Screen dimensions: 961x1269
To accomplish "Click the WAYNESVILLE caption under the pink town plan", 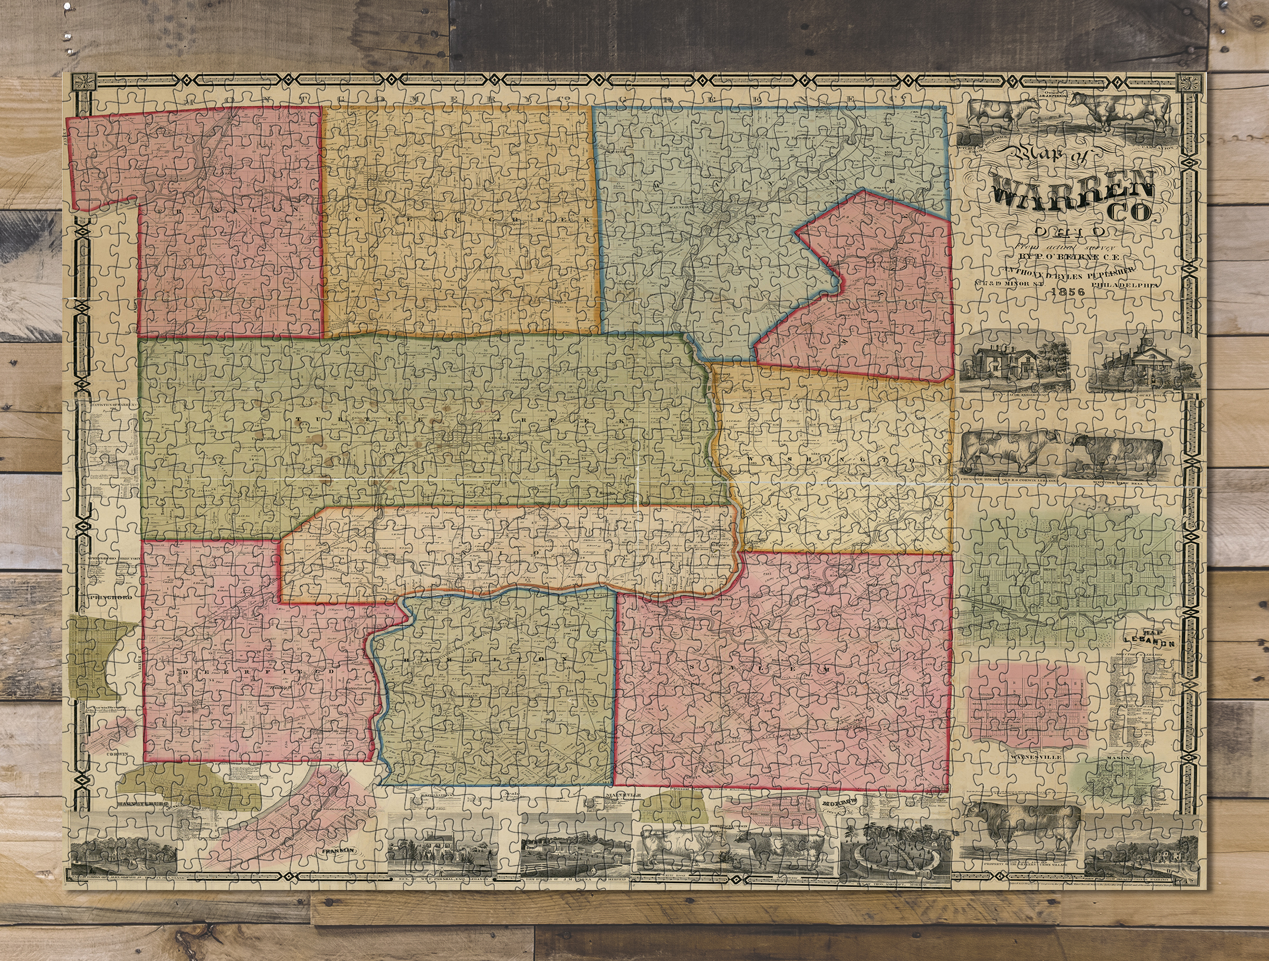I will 1032,757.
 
